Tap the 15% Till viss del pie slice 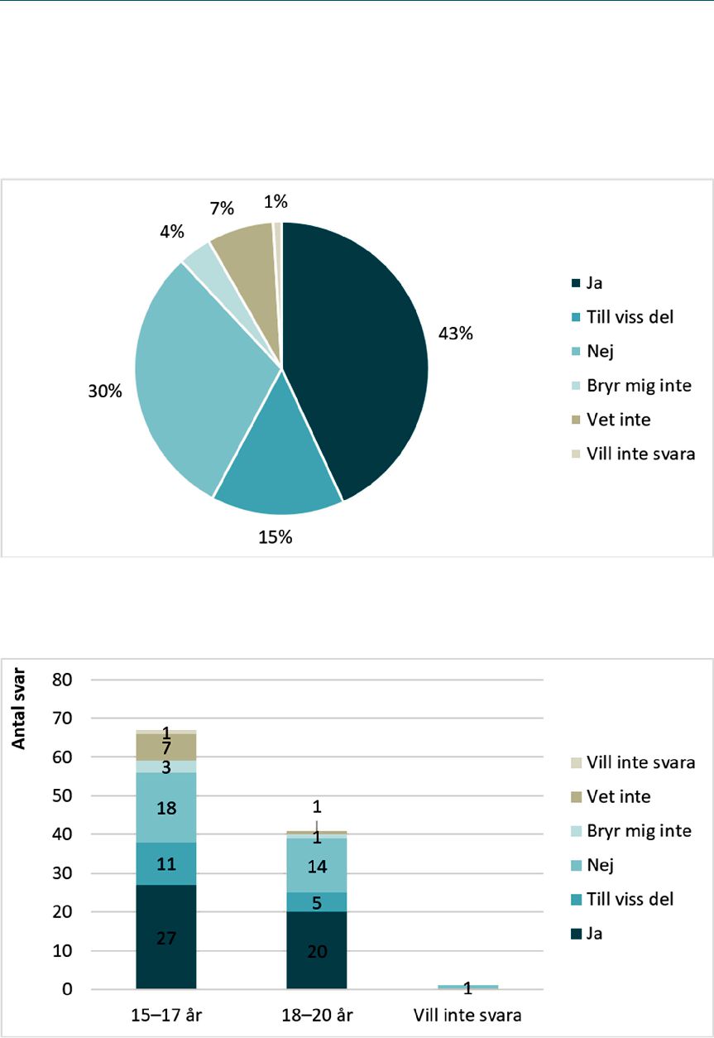278,464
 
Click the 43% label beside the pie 456,334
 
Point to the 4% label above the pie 172,231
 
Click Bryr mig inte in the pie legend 639,386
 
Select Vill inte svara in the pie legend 641,454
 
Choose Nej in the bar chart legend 600,865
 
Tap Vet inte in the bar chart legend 619,796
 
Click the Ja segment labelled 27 166,937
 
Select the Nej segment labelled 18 166,808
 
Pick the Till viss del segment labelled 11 166,864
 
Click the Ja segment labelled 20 317,950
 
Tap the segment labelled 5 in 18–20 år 317,902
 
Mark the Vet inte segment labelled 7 166,747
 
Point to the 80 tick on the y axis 62,680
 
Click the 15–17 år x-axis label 166,1016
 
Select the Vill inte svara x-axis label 467,1016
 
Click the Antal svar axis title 18,709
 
